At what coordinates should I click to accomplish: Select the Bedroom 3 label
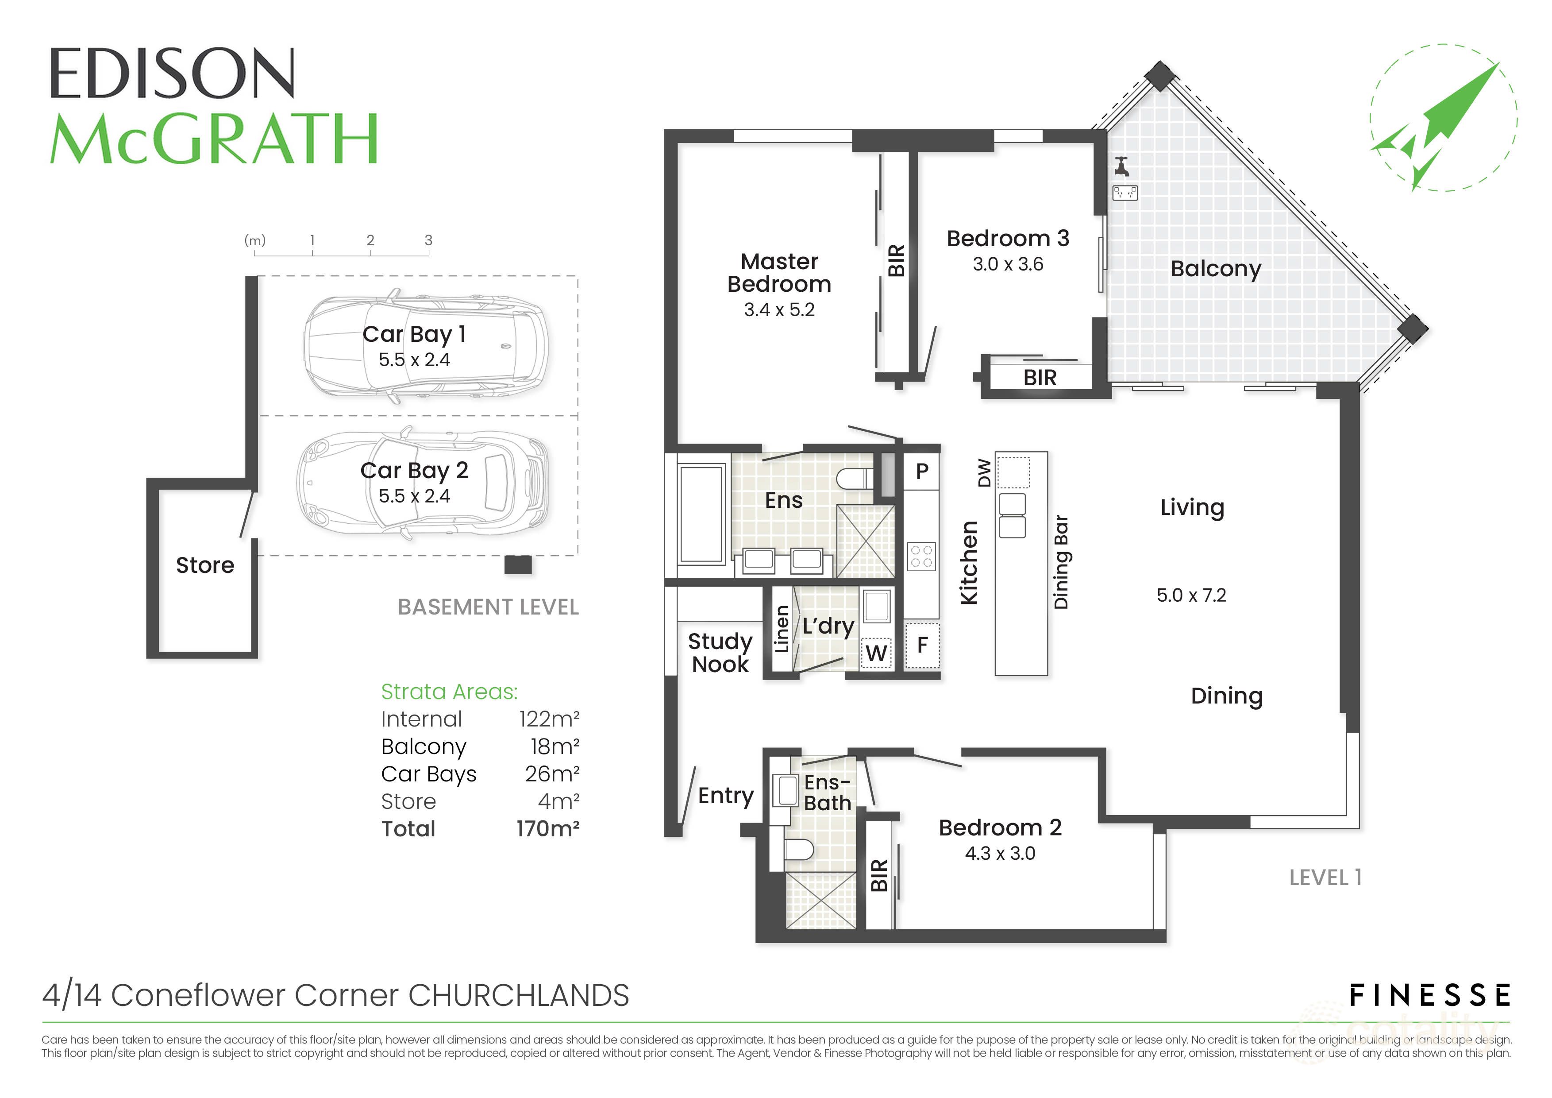click(1007, 239)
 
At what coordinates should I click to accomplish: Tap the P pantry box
click(922, 471)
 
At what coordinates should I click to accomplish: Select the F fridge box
click(922, 646)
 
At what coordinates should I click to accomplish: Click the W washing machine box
click(876, 653)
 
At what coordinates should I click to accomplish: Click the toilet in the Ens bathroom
click(855, 479)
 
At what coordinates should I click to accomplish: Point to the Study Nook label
click(720, 653)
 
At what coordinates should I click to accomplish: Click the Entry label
click(725, 796)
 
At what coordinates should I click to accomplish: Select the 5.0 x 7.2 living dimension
click(1191, 595)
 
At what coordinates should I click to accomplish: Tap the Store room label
click(205, 565)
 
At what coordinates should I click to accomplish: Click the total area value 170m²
click(547, 829)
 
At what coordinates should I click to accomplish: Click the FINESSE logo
click(1429, 996)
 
